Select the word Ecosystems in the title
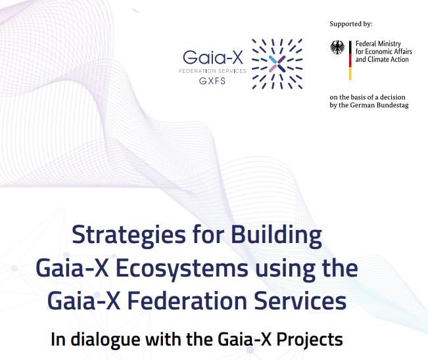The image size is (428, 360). [182, 269]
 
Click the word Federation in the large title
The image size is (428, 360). [188, 301]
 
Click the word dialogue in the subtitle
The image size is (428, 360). [105, 340]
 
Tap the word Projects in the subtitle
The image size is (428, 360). [309, 340]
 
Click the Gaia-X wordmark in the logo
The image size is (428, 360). [212, 57]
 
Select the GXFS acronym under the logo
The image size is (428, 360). [212, 81]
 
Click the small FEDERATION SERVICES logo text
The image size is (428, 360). [212, 71]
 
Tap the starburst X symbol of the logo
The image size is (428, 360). [277, 64]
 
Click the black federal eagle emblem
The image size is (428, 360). [337, 47]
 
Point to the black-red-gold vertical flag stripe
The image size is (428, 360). [350, 60]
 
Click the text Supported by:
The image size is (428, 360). [351, 24]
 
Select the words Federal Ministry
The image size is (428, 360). [378, 43]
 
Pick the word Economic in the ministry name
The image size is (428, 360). [377, 51]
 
